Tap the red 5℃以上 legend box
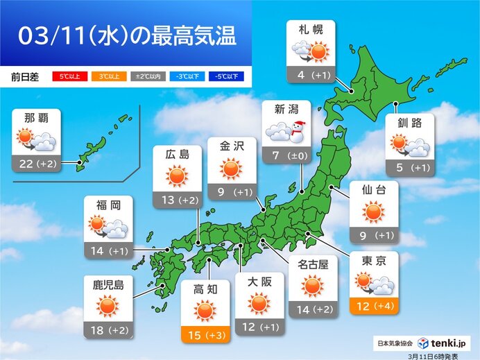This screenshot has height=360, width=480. tap(69, 76)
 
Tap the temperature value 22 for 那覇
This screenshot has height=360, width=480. tap(28, 164)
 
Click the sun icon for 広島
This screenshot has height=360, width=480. tap(177, 177)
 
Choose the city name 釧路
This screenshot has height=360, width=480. tap(410, 123)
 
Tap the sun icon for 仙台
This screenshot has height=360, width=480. tap(374, 212)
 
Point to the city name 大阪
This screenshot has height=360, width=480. tap(259, 282)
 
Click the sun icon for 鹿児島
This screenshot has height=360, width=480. tap(108, 305)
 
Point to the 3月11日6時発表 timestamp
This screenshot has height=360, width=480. tap(444, 354)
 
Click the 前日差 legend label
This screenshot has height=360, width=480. tap(24, 76)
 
